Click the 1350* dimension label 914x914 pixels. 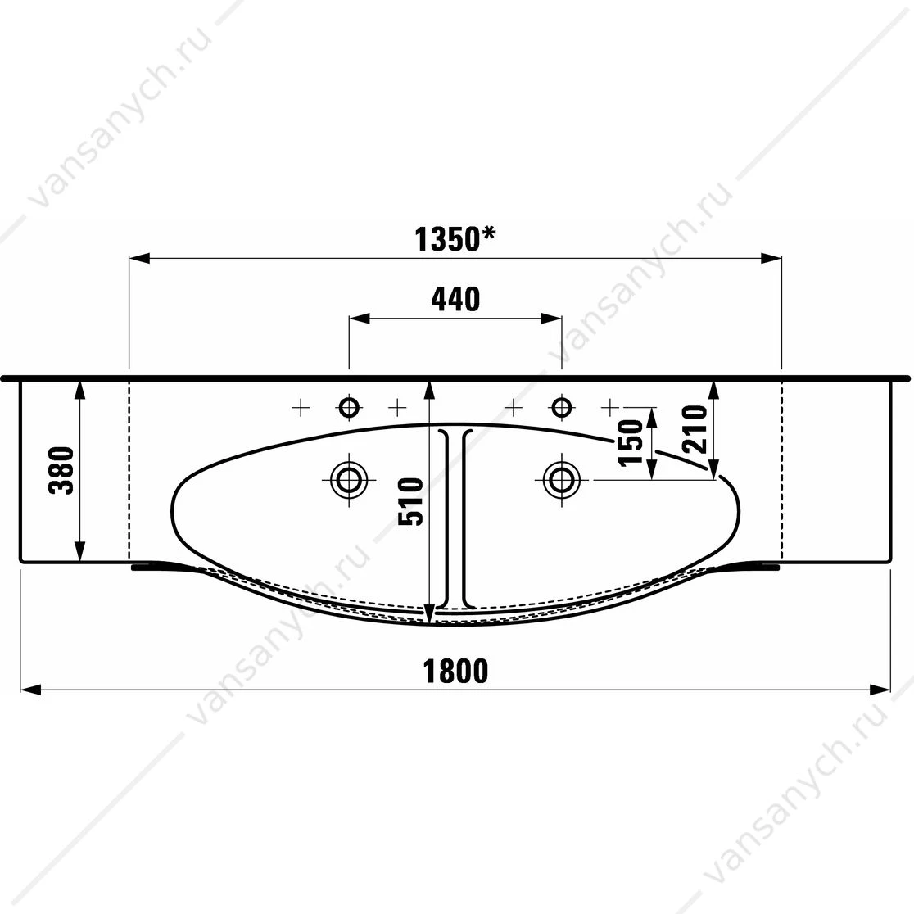pos(455,239)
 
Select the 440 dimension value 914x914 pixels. pos(456,299)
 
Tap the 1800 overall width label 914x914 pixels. pos(455,671)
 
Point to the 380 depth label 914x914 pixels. pos(61,470)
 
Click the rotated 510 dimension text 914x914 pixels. pos(410,501)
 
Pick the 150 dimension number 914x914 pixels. pos(631,443)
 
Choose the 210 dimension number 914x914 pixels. pos(695,430)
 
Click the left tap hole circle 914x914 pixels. pos(349,407)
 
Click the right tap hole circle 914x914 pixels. pos(561,407)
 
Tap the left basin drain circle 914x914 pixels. pos(349,480)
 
